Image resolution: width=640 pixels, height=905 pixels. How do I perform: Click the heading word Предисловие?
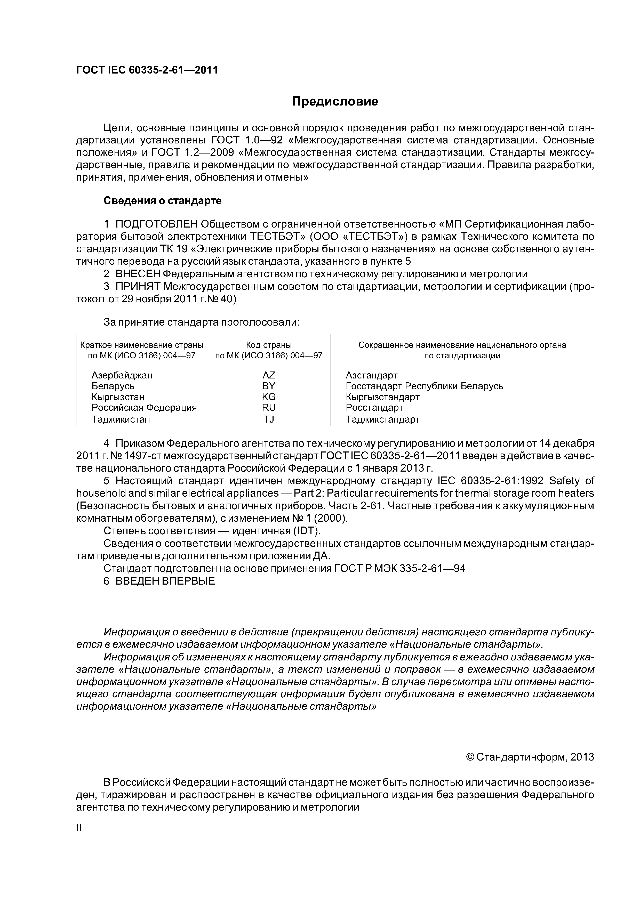pos(335,102)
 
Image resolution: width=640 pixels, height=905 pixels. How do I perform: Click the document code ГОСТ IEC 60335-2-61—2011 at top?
pos(147,70)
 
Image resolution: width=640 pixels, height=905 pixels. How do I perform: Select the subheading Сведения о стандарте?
pos(163,201)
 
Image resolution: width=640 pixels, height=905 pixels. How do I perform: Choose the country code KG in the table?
pos(269,397)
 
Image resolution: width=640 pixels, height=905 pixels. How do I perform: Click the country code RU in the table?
pos(269,407)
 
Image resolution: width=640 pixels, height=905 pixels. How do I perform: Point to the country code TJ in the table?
pos(269,419)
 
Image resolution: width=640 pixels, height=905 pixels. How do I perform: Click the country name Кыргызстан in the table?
pos(118,397)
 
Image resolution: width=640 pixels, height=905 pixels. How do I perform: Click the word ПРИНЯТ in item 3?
pos(138,287)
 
